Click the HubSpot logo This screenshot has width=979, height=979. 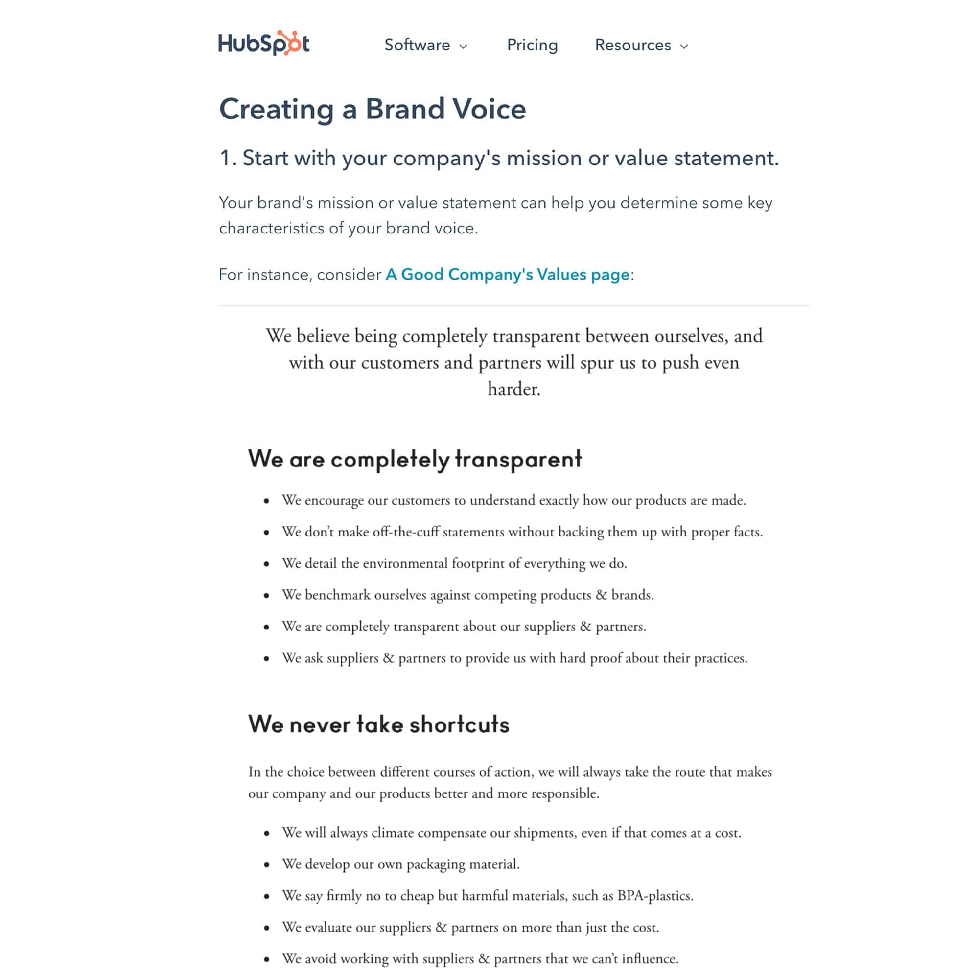point(263,44)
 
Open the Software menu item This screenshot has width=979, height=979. point(417,45)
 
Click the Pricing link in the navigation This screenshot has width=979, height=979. point(532,45)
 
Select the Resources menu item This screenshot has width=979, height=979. point(632,45)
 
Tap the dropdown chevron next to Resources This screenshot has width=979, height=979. point(684,47)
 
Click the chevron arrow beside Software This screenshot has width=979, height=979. point(463,47)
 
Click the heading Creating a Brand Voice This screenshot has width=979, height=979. point(373,109)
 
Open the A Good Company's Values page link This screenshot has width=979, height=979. point(507,274)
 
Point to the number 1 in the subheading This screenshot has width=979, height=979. point(225,158)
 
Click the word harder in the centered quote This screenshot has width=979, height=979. point(513,389)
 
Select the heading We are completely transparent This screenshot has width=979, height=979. point(415,459)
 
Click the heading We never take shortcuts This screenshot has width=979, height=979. point(378,723)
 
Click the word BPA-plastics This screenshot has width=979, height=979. point(654,895)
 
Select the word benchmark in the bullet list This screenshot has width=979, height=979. point(337,594)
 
